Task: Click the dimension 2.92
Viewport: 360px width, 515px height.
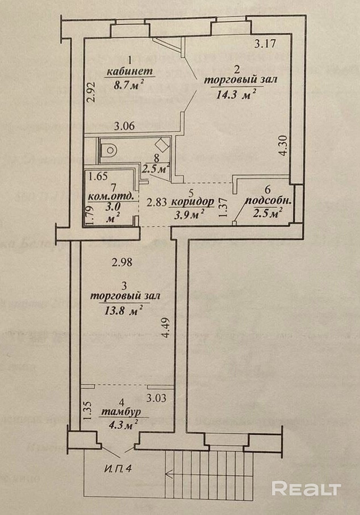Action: [x=90, y=92]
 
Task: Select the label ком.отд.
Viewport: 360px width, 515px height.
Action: [x=112, y=197]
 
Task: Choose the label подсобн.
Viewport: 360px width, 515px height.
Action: [x=263, y=202]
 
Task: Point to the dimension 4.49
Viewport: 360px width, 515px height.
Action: [x=165, y=328]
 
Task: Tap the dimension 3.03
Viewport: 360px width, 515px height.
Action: [x=157, y=397]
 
